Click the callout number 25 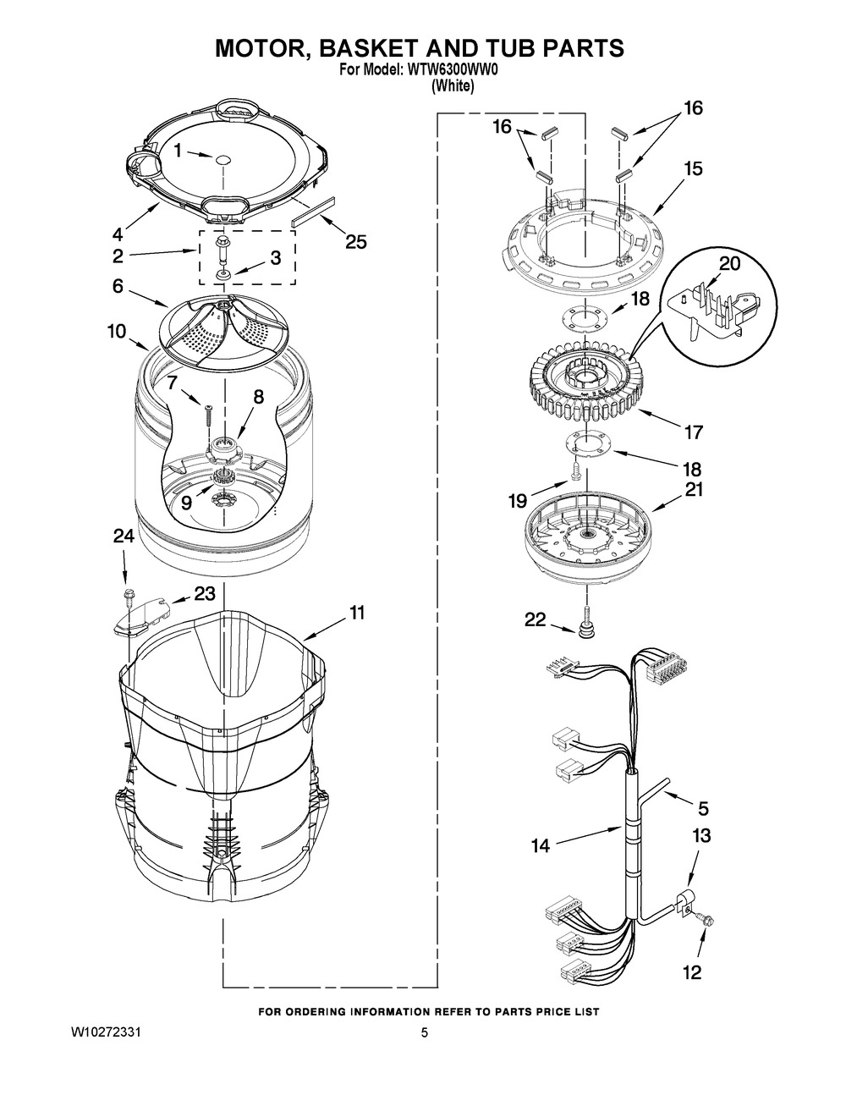tap(355, 242)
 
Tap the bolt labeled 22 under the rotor tap(586, 623)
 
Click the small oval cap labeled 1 tap(222, 160)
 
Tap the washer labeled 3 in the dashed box tap(222, 275)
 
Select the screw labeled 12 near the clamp tap(702, 919)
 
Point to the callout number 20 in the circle tap(729, 263)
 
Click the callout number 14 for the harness tap(541, 846)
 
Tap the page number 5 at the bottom tap(424, 1032)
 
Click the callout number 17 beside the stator tap(693, 432)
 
